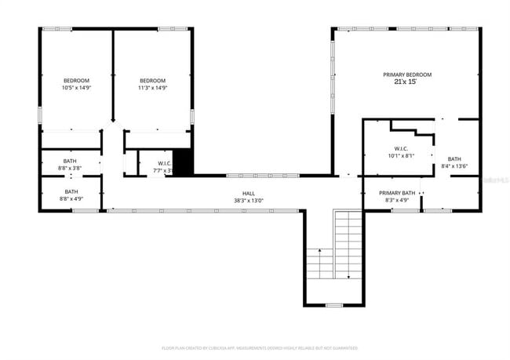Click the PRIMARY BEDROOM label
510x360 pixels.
[x=406, y=75]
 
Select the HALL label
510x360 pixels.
[x=248, y=194]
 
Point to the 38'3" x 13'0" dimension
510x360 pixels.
[x=248, y=201]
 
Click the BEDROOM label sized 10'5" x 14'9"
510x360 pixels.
[x=76, y=80]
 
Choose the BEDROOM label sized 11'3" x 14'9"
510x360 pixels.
[x=153, y=80]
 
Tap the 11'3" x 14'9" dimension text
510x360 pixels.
[x=153, y=87]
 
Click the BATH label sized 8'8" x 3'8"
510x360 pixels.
[x=71, y=162]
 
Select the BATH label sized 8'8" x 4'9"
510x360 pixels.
[x=71, y=191]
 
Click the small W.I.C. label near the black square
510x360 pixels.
[x=154, y=163]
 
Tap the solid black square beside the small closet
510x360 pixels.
[x=182, y=162]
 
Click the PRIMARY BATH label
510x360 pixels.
[x=397, y=193]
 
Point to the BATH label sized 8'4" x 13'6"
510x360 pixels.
[x=454, y=159]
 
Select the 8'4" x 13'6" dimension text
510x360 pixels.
[x=454, y=166]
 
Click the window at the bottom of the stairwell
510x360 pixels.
[x=334, y=305]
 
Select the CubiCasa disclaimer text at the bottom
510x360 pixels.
[x=260, y=347]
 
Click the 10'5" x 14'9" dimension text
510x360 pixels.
[x=76, y=87]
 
